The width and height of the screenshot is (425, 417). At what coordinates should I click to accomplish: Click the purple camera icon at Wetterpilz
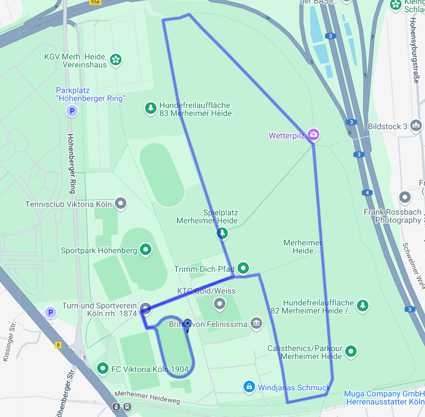[x=314, y=135]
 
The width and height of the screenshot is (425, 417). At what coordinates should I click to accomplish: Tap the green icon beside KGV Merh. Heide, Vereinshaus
[x=116, y=59]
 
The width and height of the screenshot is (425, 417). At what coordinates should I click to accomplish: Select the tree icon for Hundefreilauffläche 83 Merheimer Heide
[x=150, y=108]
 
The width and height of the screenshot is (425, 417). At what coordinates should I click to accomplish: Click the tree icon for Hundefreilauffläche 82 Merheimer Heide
[x=363, y=305]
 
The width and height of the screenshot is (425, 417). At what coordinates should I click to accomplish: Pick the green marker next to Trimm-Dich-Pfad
[x=244, y=268]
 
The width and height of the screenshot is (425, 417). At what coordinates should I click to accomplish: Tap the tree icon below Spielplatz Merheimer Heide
[x=222, y=233]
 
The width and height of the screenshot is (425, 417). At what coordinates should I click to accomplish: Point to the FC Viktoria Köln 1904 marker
[x=103, y=368]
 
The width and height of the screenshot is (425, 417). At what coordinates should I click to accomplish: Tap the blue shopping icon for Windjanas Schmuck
[x=249, y=387]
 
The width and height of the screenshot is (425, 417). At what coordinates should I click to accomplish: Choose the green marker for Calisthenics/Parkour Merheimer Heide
[x=351, y=352]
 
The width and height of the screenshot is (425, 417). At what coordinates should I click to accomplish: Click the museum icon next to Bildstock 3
[x=416, y=125]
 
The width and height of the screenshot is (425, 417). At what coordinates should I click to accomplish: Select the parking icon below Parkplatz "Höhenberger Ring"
[x=71, y=111]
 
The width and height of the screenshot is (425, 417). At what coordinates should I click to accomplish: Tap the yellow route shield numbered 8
[x=58, y=345]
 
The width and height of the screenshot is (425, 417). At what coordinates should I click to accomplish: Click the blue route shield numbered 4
[x=367, y=193]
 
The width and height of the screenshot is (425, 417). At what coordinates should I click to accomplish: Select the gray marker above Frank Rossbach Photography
[x=405, y=197]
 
